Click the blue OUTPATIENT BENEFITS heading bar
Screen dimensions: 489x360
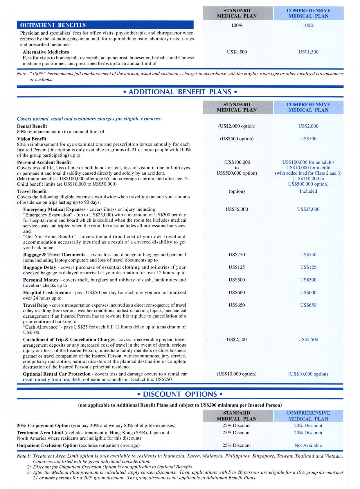pos(105,25)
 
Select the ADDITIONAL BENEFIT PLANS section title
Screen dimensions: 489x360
pos(180,92)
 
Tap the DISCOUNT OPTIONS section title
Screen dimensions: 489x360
pos(180,394)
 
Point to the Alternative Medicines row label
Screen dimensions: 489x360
pos(46,52)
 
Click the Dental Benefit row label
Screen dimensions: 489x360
pos(32,126)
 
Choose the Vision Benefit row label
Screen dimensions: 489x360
pos(32,139)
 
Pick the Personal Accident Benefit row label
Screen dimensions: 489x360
pos(44,162)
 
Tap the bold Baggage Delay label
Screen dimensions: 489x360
pos(39,267)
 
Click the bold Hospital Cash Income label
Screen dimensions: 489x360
pos(47,293)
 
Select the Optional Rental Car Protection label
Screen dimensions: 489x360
pos(57,374)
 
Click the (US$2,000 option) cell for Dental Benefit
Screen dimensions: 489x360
pos(237,126)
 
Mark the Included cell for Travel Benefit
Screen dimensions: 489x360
pos(308,191)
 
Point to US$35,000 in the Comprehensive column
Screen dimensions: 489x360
pos(308,209)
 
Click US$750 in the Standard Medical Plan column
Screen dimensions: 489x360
pos(237,255)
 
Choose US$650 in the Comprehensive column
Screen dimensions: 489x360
pos(308,305)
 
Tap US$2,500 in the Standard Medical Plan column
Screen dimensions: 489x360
pos(237,339)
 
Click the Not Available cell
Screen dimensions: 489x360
pos(308,445)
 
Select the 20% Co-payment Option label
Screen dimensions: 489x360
pos(43,426)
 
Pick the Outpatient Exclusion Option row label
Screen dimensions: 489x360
pos(47,445)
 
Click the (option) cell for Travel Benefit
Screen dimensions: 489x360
pos(237,191)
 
